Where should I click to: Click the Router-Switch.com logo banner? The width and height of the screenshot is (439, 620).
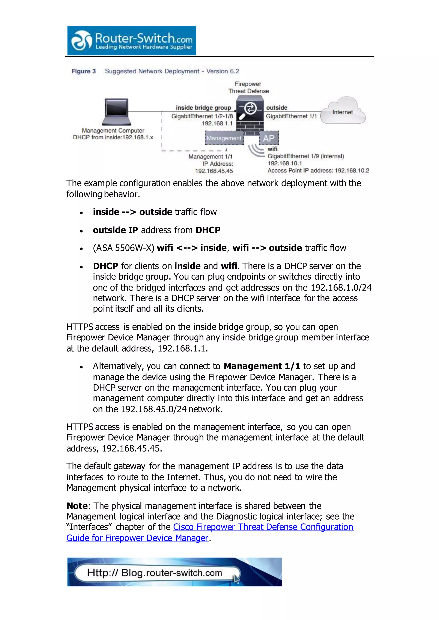pos(132,41)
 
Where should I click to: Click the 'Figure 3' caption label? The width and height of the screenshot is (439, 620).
pos(84,71)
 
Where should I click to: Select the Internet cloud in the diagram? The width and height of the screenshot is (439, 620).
pos(343,111)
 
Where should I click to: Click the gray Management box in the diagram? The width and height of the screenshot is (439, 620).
pos(224,138)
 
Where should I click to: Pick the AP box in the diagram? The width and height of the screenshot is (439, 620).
pos(269,138)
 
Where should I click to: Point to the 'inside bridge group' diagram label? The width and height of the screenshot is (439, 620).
pos(203,108)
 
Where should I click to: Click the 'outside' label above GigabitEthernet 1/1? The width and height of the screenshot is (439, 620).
pos(277,108)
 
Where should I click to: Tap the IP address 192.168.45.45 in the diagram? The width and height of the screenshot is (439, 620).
pos(214,171)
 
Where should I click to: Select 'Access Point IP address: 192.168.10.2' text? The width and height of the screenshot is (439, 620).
pos(318,171)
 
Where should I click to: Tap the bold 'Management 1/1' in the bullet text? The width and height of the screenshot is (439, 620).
pos(262,366)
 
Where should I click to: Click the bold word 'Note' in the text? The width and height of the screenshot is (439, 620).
pos(77,506)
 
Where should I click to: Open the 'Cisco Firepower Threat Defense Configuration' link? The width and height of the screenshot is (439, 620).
pos(263,527)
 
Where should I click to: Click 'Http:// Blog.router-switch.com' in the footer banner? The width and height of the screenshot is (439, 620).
pos(154,573)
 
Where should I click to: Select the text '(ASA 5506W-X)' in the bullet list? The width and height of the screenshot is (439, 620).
pos(123,248)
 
